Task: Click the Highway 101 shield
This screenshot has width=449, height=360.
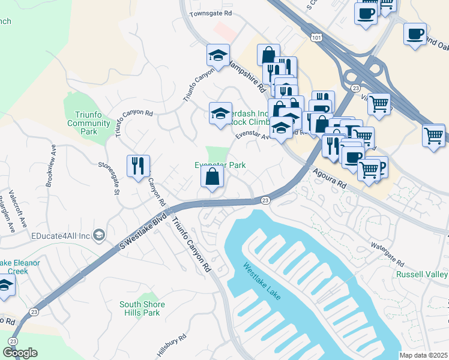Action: [316, 38]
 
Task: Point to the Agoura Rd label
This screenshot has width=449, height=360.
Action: [330, 178]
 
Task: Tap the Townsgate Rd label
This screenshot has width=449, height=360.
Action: [211, 13]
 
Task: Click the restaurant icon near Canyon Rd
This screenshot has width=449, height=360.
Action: [138, 166]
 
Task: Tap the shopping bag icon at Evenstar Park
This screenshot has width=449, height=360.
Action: [212, 176]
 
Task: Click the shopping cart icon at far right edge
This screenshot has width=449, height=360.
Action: [433, 134]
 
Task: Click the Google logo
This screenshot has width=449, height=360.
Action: [20, 353]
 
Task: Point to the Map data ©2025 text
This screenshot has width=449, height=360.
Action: [423, 355]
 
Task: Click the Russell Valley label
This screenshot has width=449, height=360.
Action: [421, 274]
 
